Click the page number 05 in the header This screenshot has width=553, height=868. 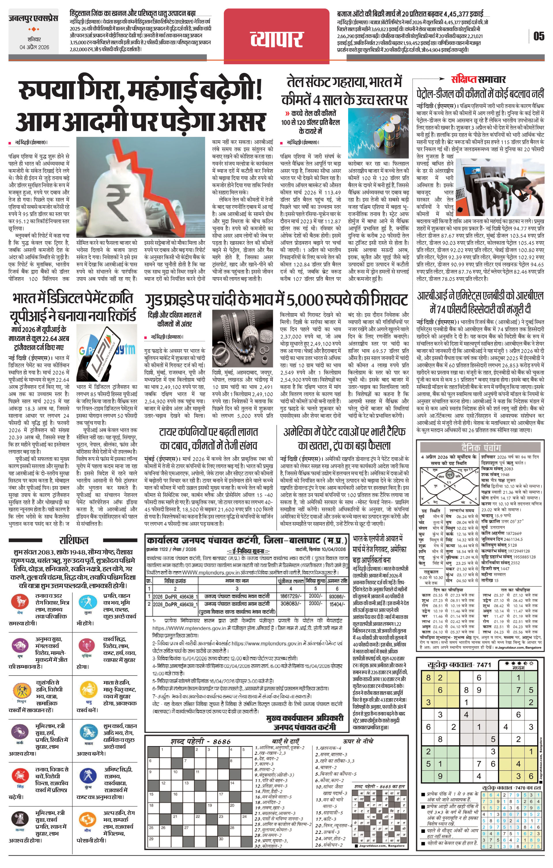pos(539,36)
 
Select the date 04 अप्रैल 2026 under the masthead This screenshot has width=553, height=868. pos(34,47)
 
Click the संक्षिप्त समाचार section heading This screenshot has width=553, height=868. pos(478,79)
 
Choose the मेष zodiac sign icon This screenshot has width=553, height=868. pos(20,602)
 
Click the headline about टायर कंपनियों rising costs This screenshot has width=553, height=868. pos(209,438)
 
